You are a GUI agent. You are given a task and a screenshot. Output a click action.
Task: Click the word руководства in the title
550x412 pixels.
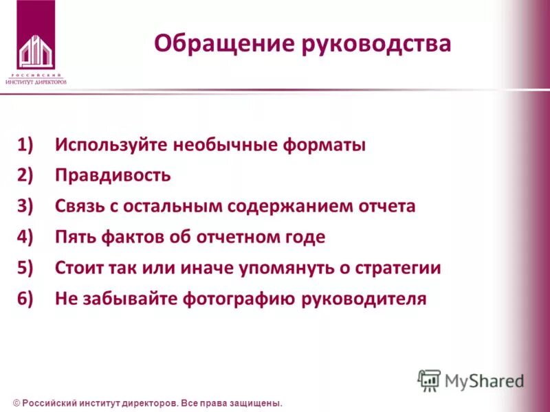(376, 45)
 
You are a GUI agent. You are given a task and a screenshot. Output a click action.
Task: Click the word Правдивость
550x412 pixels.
(113, 176)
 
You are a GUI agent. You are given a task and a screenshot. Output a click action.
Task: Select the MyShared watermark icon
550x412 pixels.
(429, 380)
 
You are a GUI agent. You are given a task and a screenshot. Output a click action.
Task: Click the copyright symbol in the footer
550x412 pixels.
(16, 403)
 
